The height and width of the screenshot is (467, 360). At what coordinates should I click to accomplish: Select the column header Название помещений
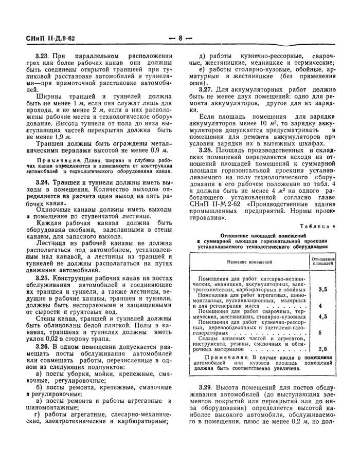[x=249, y=263]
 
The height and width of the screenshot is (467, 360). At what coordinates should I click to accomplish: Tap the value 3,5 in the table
[x=323, y=290]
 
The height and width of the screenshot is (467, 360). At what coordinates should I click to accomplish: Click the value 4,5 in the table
[x=323, y=317]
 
